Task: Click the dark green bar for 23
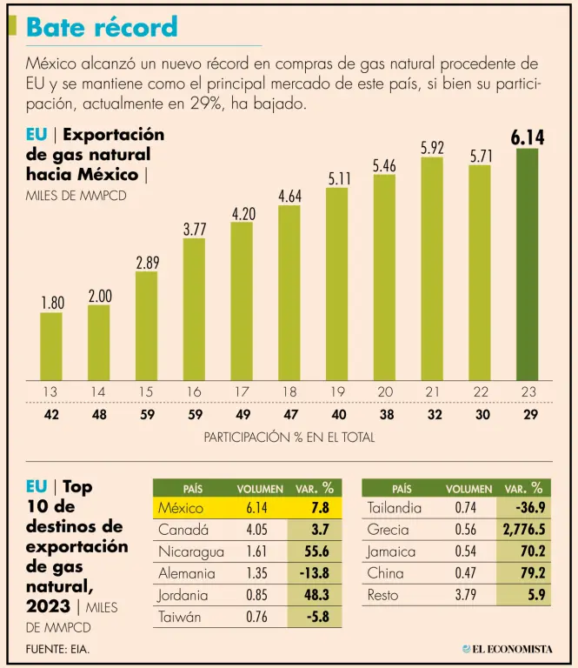pos(528,264)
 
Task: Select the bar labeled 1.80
pos(51,346)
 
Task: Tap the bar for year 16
pos(194,309)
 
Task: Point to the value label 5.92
pos(433,148)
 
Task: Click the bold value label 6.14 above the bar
pos(528,137)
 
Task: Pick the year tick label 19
pos(337,391)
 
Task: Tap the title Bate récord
pos(102,27)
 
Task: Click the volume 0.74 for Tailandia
pos(466,508)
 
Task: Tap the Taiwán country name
pos(181,617)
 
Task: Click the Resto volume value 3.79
pos(466,595)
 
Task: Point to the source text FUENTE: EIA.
pos(58,649)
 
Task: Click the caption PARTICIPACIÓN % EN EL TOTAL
pos(289,438)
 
